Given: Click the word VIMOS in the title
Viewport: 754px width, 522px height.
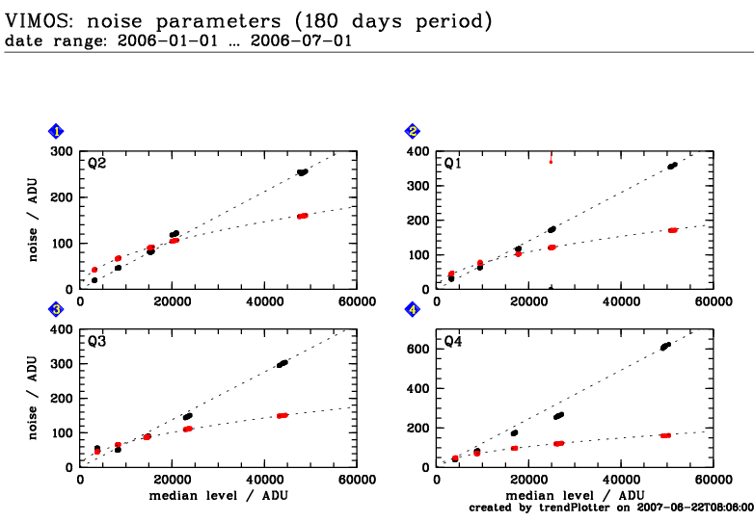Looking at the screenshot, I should pyautogui.click(x=39, y=19).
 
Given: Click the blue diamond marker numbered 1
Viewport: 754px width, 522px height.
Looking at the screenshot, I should pyautogui.click(x=57, y=132).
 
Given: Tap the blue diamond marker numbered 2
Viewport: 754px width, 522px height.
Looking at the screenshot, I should pyautogui.click(x=413, y=132).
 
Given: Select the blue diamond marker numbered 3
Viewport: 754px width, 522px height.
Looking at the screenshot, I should pyautogui.click(x=57, y=310).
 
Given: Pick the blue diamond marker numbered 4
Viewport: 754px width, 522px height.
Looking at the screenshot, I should pyautogui.click(x=413, y=310).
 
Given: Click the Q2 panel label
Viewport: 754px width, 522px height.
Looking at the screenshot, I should pyautogui.click(x=97, y=163).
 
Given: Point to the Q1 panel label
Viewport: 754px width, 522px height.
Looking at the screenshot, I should pyautogui.click(x=453, y=163).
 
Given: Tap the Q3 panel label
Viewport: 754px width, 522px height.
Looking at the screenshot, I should pyautogui.click(x=97, y=341).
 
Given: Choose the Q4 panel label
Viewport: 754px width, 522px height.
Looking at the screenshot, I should pyautogui.click(x=453, y=341).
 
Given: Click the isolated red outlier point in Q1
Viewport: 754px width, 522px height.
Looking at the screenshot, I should pyautogui.click(x=551, y=161).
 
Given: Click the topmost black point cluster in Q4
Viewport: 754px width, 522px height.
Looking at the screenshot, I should pyautogui.click(x=664, y=346).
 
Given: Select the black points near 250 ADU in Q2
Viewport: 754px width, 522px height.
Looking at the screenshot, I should pyautogui.click(x=303, y=172).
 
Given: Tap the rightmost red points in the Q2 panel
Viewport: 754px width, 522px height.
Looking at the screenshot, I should pyautogui.click(x=303, y=216).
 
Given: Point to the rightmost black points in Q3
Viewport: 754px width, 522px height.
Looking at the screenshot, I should pyautogui.click(x=283, y=363).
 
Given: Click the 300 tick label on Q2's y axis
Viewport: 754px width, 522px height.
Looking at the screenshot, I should pyautogui.click(x=63, y=151).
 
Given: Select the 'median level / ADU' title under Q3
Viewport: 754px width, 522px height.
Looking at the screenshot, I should pyautogui.click(x=218, y=495).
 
